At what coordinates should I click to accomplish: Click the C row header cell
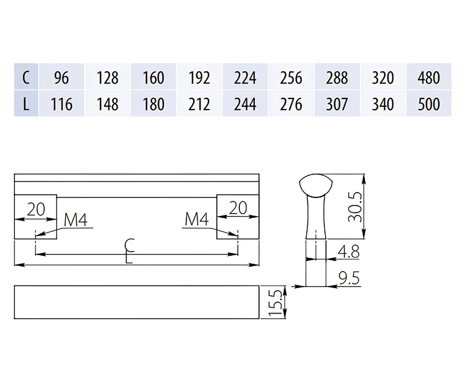[26, 77]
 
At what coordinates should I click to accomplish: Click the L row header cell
[26, 103]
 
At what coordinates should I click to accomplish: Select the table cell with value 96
[61, 77]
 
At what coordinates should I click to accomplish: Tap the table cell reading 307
[337, 103]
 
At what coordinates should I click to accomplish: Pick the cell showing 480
[429, 77]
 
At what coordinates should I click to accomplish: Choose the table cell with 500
[429, 103]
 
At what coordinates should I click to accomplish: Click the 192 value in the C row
[200, 77]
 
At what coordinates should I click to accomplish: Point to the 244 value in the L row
[245, 103]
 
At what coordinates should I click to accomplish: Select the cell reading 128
[107, 77]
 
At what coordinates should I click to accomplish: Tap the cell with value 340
[383, 103]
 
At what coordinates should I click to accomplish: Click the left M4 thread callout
[76, 220]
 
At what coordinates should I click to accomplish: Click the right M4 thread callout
[197, 219]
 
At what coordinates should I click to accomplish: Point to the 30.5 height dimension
[355, 207]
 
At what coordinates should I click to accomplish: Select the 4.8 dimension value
[349, 251]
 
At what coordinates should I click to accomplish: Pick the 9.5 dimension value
[349, 278]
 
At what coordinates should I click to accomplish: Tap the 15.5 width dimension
[275, 302]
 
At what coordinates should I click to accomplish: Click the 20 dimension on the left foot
[36, 209]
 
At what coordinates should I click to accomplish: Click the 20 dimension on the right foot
[238, 208]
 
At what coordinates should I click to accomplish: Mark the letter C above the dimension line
[130, 246]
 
